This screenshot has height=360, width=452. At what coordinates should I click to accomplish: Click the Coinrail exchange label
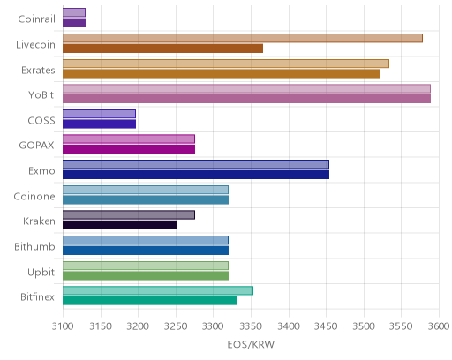pos(36,19)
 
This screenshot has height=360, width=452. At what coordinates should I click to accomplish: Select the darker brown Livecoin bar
pos(162,49)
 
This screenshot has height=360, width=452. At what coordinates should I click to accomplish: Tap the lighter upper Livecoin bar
pos(243,38)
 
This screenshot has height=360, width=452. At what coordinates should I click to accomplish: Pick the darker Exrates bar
pos(222,73)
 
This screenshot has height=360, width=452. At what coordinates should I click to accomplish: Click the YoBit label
pos(41,95)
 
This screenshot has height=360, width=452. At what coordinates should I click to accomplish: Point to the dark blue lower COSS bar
pos(99,124)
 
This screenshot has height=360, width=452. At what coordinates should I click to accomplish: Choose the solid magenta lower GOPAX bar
pos(129,149)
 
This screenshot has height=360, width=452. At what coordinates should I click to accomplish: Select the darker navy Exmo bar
pos(196,175)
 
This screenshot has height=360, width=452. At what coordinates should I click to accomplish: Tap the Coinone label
pos(34,196)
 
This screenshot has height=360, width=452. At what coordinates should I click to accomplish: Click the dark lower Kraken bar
pos(120,225)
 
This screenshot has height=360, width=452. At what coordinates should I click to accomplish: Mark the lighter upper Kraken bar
pos(129,215)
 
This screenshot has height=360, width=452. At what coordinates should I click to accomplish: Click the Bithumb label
pos(34,246)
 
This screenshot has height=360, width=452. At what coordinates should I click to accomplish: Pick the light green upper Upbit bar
pos(146,266)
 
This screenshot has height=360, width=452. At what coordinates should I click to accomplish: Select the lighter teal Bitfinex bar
pos(158,291)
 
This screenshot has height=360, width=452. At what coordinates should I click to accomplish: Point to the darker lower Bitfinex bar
pos(150,301)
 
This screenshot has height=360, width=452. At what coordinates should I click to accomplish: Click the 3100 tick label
pos(63,326)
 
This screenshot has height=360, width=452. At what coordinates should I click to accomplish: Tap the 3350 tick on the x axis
pos(251,326)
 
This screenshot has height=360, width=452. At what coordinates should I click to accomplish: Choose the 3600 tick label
pos(439,326)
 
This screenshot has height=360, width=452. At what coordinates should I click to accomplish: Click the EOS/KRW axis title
pos(251,344)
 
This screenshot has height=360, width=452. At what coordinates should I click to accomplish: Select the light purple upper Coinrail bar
pos(74,12)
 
